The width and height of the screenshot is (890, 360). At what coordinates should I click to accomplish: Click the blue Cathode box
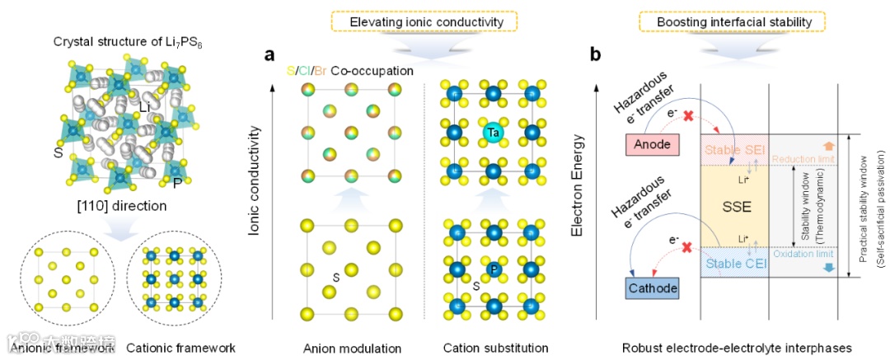651,288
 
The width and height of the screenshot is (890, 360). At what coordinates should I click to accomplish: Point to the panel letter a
269,55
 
